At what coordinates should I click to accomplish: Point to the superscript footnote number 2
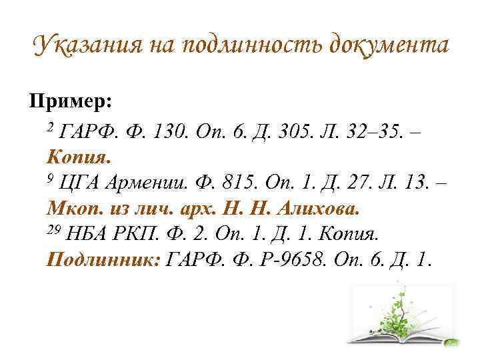[50, 127]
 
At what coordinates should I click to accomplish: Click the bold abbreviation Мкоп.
[76, 209]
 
